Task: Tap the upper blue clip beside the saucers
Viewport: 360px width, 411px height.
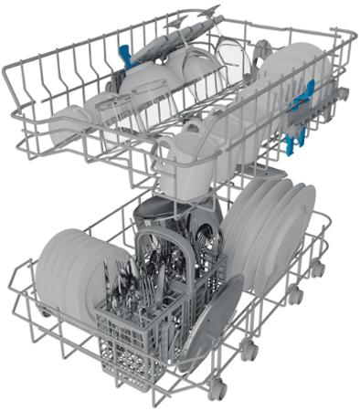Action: (309, 91)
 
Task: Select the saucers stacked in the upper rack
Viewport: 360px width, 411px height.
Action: (283, 73)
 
